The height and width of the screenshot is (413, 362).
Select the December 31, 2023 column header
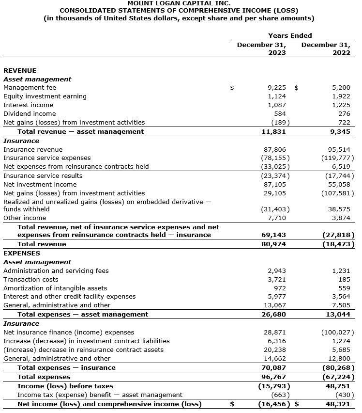pyautogui.click(x=261, y=48)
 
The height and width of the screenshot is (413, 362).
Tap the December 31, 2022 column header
pyautogui.click(x=326, y=48)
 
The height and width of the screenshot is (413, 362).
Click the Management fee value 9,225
pyautogui.click(x=276, y=88)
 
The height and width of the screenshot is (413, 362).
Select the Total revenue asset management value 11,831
pyautogui.click(x=273, y=131)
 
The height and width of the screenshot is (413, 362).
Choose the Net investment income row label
pyautogui.click(x=40, y=185)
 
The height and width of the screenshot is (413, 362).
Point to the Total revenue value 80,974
pyautogui.click(x=273, y=244)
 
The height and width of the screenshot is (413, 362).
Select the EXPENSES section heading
pyautogui.click(x=22, y=253)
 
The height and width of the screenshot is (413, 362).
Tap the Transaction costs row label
pyautogui.click(x=30, y=280)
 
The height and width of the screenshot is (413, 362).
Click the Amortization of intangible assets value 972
pyautogui.click(x=280, y=288)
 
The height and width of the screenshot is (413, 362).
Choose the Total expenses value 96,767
pyautogui.click(x=273, y=377)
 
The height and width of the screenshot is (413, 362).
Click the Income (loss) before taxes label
pyautogui.click(x=65, y=386)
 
